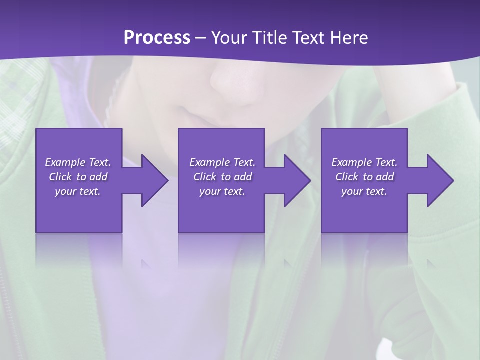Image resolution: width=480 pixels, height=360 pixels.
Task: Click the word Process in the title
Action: [157, 38]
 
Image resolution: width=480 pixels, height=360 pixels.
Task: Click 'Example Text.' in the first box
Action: [78, 162]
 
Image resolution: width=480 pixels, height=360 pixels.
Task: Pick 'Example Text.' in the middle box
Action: [222, 162]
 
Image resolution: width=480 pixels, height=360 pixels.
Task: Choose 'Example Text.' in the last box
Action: [364, 162]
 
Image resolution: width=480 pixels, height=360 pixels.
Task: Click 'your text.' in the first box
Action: [78, 191]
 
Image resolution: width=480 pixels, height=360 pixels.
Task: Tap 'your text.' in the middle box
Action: [222, 191]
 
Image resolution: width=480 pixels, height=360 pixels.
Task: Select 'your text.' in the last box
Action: [364, 191]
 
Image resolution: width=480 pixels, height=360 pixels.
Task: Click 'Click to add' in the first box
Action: [78, 177]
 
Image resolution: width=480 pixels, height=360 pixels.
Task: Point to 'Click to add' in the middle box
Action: [222, 177]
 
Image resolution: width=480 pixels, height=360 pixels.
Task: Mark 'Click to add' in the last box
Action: [364, 177]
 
